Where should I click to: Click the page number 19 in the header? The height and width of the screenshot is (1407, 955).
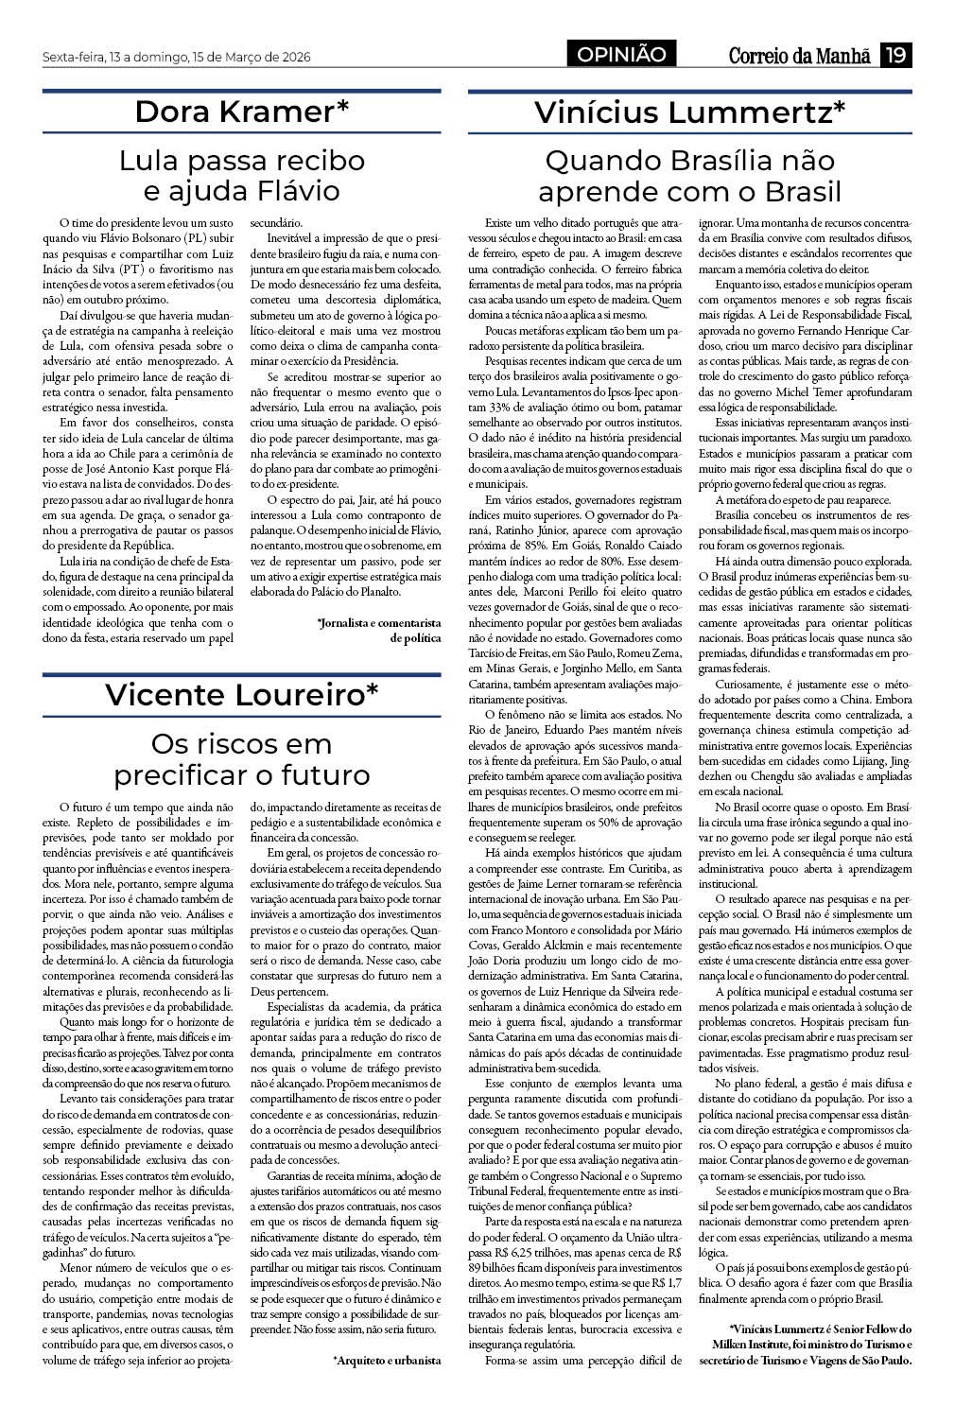pos(894,56)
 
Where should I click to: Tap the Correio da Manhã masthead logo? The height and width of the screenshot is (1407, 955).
pos(799,56)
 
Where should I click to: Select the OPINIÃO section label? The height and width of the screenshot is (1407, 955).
pos(622,56)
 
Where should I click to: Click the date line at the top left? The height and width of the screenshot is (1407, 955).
pos(177,58)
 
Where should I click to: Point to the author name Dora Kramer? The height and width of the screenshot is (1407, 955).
pos(242,112)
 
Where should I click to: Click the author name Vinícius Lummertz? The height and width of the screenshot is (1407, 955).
pos(690,112)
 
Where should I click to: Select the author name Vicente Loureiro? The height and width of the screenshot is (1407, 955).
pos(242,694)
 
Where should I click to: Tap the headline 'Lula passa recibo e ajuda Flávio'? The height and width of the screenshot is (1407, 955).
pos(242,175)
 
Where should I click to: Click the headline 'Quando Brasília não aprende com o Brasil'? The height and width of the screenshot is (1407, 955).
pos(690,175)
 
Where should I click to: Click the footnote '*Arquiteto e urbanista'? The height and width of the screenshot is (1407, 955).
pos(387,1361)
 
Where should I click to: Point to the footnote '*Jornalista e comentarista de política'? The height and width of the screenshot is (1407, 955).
pos(380,630)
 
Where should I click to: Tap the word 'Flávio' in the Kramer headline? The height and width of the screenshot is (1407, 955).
pos(298,190)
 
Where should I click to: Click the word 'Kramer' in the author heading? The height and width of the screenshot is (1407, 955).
pos(289,112)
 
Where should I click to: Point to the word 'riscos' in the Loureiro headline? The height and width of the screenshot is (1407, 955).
pos(241,743)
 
